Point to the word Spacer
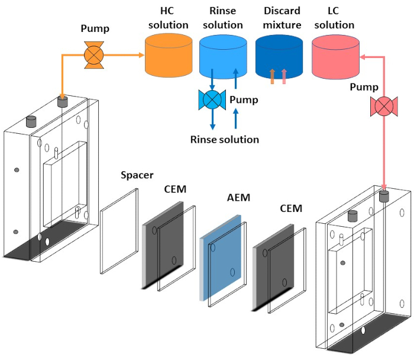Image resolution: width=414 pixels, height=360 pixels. (x=137, y=175)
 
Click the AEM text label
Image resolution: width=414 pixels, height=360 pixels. (x=238, y=198)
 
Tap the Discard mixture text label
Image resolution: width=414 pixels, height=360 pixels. (x=278, y=18)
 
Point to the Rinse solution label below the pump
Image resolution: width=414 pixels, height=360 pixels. (x=225, y=140)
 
